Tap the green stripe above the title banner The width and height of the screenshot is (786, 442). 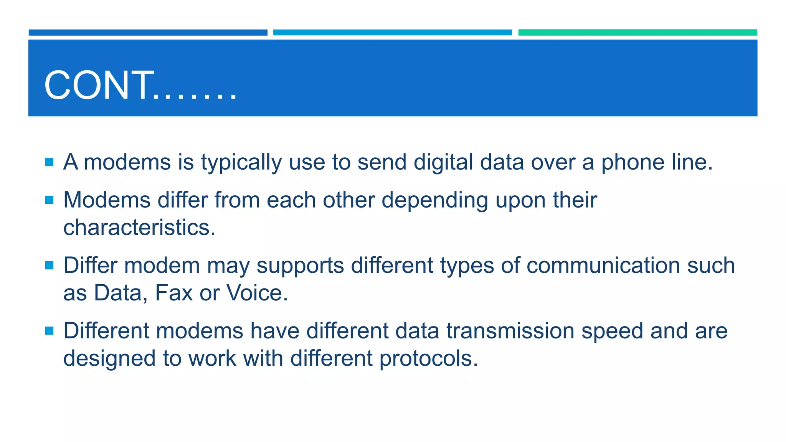coord(637,33)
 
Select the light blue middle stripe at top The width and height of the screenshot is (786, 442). coord(392,33)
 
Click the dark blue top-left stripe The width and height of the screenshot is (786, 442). coord(148,33)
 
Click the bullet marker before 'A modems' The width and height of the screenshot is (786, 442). coord(49,162)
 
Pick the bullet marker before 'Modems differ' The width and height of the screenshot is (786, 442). coord(49,200)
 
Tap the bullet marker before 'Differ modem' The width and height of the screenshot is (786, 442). coord(49,265)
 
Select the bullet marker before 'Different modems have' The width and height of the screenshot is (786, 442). coord(49,331)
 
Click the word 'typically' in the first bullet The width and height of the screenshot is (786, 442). coord(241,163)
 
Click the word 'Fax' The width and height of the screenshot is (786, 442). coord(173,293)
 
